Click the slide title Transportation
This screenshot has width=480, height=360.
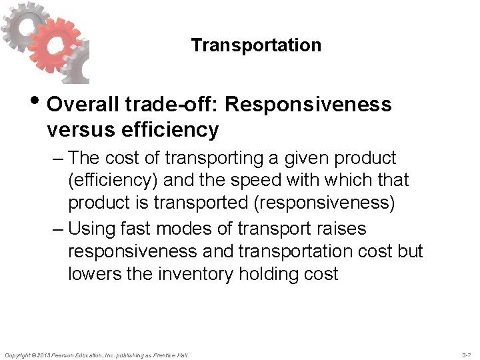click(x=256, y=45)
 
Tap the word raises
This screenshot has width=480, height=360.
click(x=340, y=229)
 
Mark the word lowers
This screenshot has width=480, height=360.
click(x=93, y=273)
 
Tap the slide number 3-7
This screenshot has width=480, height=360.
click(x=466, y=355)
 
